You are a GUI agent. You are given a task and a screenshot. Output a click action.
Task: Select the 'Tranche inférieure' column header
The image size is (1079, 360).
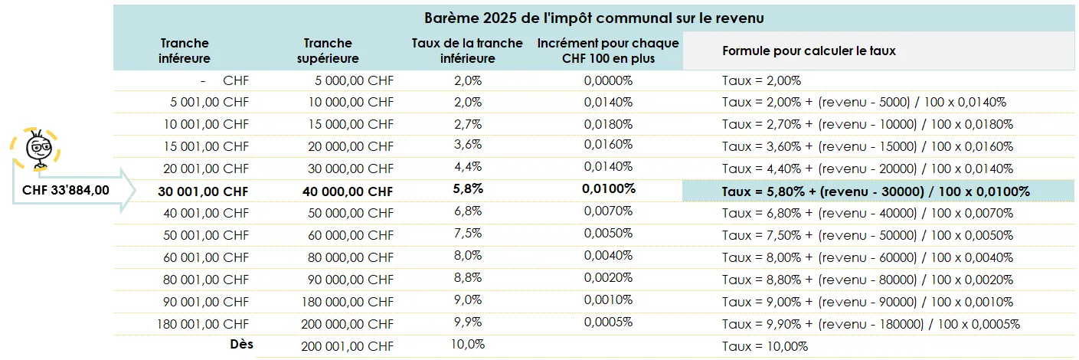click(185, 51)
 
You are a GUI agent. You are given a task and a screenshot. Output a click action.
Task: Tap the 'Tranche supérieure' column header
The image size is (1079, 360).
click(328, 51)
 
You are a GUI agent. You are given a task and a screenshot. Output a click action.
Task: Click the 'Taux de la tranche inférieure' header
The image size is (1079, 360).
click(467, 51)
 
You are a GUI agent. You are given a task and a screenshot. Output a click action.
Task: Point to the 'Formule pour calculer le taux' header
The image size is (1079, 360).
click(809, 51)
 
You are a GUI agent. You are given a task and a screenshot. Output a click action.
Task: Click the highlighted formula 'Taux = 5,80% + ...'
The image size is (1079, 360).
click(875, 191)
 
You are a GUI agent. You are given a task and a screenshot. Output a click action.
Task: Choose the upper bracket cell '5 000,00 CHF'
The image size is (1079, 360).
click(354, 80)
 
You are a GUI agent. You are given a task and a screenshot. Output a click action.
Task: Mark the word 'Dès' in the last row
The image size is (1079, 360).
click(242, 345)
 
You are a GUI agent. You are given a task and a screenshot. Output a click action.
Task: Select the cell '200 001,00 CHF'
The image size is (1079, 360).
click(348, 346)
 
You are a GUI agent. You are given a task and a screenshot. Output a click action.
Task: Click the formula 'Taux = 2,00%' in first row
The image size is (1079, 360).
click(761, 80)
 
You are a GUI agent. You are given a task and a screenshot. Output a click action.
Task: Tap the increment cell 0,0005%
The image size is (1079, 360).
click(608, 322)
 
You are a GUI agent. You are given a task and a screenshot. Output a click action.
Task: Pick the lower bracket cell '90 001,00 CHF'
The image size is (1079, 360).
click(206, 302)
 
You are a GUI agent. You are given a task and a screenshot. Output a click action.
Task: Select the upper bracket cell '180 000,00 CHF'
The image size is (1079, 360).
click(348, 302)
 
